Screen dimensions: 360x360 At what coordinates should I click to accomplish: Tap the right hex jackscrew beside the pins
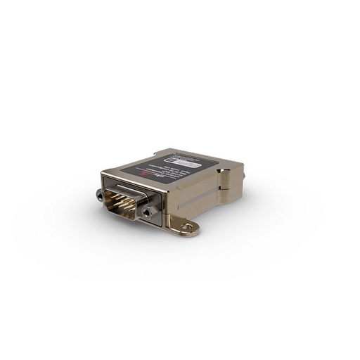tap(146, 210)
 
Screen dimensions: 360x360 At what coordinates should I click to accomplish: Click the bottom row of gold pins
tap(125, 205)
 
